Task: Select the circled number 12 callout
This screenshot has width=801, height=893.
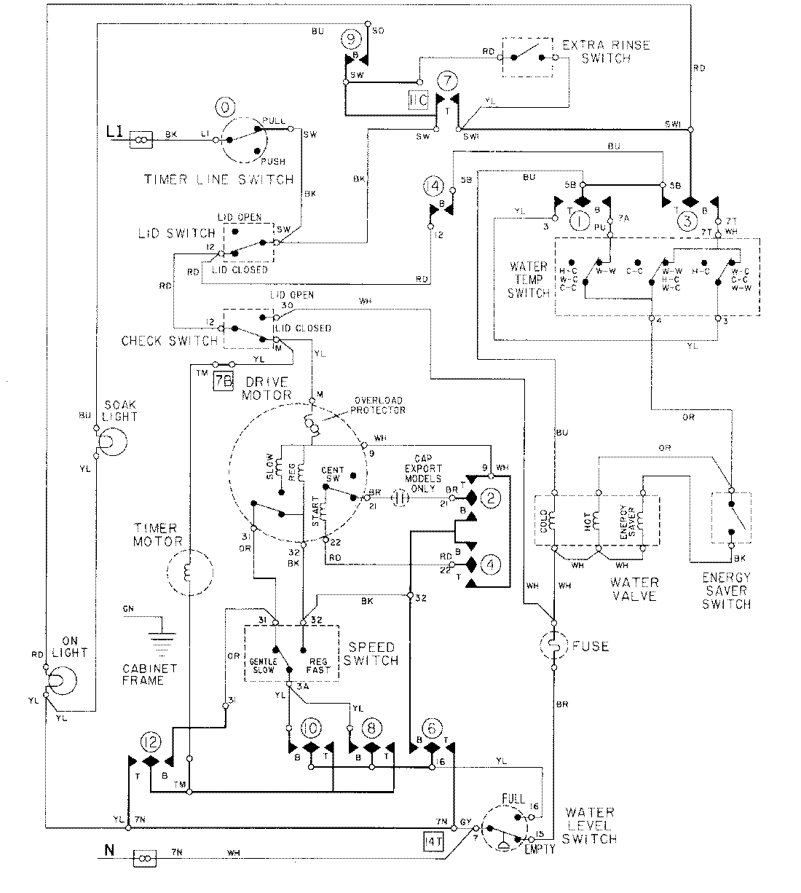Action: coord(150,741)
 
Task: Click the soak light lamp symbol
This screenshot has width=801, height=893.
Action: coord(111,442)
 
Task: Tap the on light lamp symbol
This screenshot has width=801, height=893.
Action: coord(63,680)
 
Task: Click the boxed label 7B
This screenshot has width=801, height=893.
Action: coord(223,382)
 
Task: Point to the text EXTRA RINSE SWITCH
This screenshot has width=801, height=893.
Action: coord(606,51)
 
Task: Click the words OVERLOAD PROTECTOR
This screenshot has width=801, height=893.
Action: coord(379,404)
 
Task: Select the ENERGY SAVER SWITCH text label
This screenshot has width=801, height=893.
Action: coord(726,590)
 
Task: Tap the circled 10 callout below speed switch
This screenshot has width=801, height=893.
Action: coord(309,729)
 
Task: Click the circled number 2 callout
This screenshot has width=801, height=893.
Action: coord(492,498)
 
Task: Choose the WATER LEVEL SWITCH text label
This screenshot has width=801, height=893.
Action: coord(591,825)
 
